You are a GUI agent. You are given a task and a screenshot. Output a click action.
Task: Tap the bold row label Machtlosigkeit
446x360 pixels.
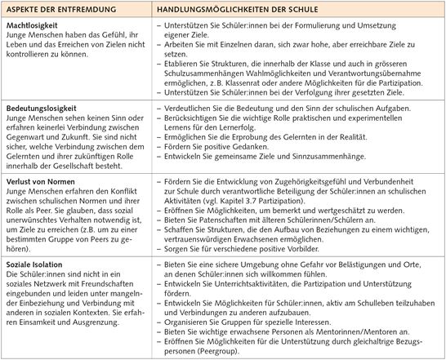31,29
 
